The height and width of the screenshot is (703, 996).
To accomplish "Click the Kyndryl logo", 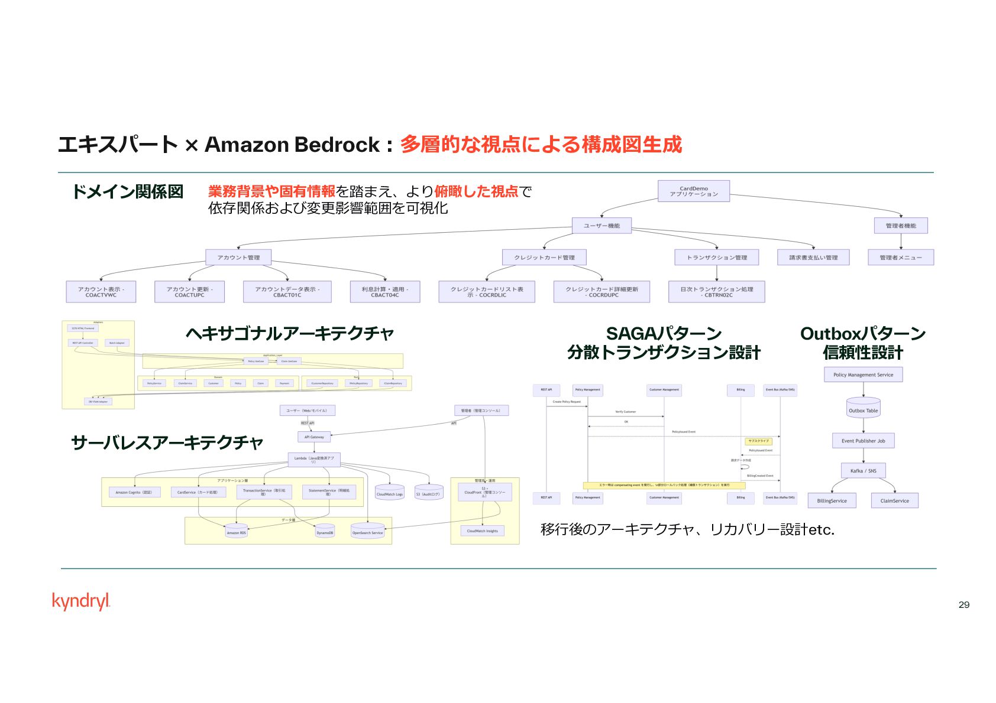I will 81,601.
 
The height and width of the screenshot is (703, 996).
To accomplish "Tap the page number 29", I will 963,604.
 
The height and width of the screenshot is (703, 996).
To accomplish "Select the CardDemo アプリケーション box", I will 693,191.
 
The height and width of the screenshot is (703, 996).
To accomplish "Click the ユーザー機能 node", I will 602,226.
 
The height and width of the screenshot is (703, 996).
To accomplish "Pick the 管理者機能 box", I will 900,226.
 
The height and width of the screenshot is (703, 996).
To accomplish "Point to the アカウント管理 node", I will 238,258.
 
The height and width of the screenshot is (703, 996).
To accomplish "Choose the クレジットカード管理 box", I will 544,258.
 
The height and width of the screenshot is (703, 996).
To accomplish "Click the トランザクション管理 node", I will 717,258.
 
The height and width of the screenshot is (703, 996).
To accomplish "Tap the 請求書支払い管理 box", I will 813,258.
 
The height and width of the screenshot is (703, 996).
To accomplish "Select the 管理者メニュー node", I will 900,258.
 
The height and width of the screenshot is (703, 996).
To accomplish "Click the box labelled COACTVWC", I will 101,292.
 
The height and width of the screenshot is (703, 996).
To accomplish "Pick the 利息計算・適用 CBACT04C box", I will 384,292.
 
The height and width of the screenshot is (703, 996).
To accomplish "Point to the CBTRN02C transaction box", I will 716,292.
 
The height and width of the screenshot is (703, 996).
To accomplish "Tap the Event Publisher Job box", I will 863,441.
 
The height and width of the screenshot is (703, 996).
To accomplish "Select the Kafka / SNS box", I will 863,471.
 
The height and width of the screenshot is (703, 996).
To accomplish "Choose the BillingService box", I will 832,501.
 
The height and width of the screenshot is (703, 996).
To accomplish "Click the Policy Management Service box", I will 863,375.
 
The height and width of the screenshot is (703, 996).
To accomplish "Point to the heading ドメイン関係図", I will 127,191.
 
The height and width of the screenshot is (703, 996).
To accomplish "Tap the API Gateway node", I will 314,437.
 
